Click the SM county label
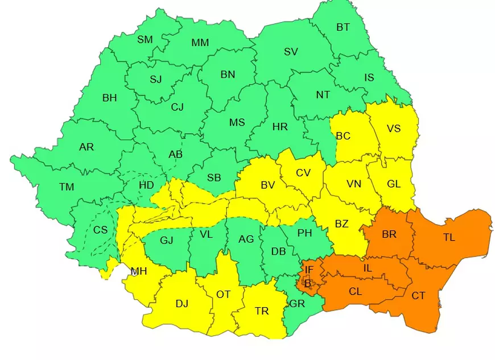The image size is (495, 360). pos(145,39)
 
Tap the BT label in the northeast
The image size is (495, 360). pos(343,27)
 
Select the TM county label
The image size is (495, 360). pos(67,187)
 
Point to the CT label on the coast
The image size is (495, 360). pos(418,296)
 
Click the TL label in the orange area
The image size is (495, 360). pos(449,238)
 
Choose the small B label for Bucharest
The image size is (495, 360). pos(308,283)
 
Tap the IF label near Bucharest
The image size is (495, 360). pos(309,270)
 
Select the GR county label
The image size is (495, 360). pos(297,304)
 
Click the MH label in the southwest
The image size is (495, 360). pos(139,271)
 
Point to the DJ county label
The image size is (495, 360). pos(181,303)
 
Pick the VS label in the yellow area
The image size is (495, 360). pos(394,128)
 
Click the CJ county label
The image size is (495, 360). pos(178,106)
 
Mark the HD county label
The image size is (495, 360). pos(146,184)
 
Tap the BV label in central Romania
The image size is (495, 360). pos(267,185)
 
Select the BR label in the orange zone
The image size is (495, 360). pos(390,234)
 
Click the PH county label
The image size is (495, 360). pos(304,232)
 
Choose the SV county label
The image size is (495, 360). pos(291,52)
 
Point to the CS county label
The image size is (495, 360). pos(100,230)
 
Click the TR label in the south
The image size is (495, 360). pos(262,311)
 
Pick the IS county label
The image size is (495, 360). pos(369,77)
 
